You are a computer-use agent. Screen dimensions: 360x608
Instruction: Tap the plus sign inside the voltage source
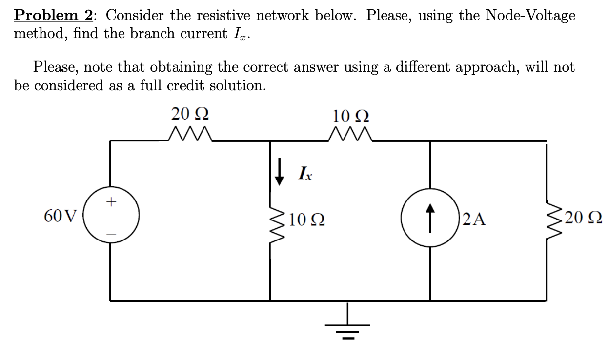coord(111,200)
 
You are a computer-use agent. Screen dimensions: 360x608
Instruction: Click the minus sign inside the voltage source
coord(111,234)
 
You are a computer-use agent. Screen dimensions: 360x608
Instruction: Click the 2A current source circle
coord(429,216)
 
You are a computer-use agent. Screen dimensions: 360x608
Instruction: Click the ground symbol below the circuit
coord(348,325)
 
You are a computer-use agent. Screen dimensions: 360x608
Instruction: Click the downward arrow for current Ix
coord(280,173)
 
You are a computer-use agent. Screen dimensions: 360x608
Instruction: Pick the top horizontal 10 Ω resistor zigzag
coord(351,134)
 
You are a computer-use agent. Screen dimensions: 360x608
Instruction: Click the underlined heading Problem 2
coord(53,15)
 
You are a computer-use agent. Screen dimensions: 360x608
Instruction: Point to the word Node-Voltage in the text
coord(530,15)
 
